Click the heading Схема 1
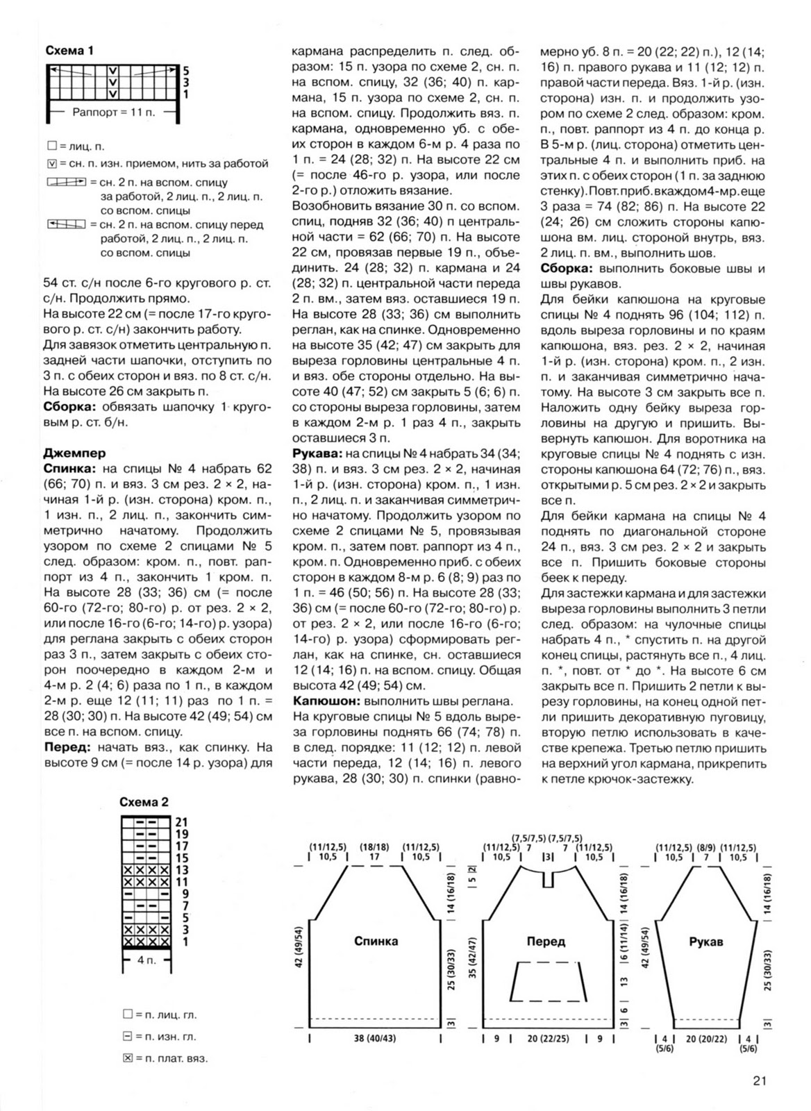point(69,51)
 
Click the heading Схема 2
point(144,802)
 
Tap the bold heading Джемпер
point(74,453)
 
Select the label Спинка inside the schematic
point(376,942)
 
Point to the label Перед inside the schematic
point(546,942)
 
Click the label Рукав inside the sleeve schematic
point(706,942)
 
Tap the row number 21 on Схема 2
point(182,822)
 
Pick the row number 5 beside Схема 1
point(185,70)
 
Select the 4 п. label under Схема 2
point(146,960)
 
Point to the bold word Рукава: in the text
point(317,453)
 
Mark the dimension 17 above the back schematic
point(375,858)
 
